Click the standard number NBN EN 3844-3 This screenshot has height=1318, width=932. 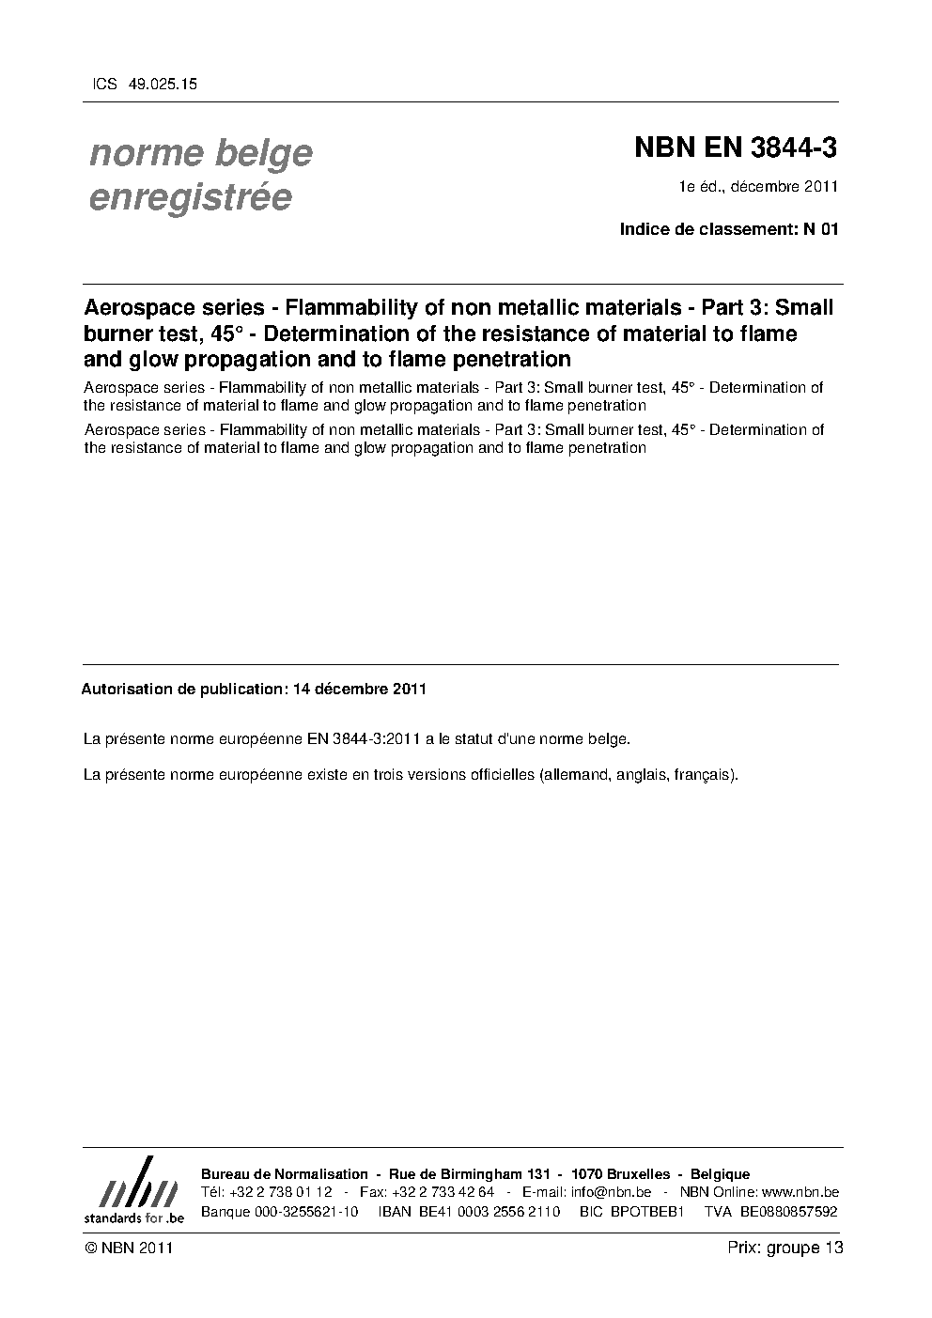click(x=736, y=147)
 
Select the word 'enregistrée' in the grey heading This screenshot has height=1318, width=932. click(x=190, y=198)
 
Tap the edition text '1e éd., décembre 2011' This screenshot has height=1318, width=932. click(x=758, y=186)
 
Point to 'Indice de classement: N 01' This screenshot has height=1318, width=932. click(x=728, y=228)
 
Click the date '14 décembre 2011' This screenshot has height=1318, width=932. click(x=360, y=689)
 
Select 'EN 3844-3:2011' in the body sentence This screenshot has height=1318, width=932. click(x=365, y=738)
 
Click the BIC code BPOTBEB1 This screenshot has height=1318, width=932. click(x=645, y=1211)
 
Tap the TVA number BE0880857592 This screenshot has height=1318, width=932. click(x=788, y=1211)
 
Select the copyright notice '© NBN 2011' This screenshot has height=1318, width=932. click(x=127, y=1248)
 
